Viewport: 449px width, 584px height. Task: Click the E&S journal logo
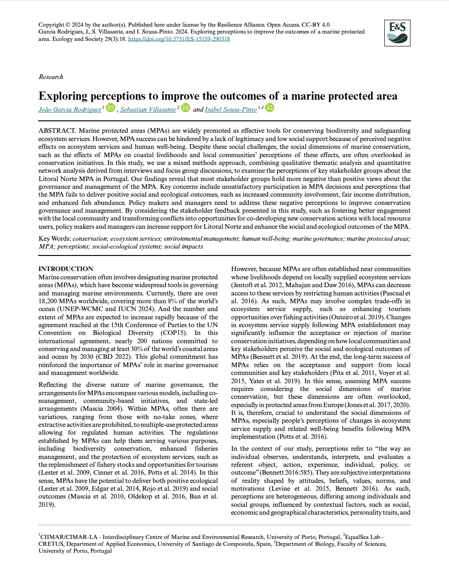pos(397,33)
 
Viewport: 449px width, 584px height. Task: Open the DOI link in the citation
pos(179,39)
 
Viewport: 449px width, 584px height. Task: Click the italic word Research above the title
pos(51,77)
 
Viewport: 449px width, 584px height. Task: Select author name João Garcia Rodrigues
pos(70,109)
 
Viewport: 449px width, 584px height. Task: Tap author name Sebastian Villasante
pos(148,109)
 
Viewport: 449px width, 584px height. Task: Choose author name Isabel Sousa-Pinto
pos(230,109)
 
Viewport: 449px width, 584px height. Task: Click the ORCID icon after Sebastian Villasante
pos(185,108)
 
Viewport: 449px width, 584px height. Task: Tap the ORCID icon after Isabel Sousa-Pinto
pos(270,108)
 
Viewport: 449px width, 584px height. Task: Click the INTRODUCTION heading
pos(66,269)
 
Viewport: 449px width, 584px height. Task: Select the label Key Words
pos(55,238)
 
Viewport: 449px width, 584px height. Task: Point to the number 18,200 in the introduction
pos(48,301)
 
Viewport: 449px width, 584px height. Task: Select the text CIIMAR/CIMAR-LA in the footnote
pos(69,537)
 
